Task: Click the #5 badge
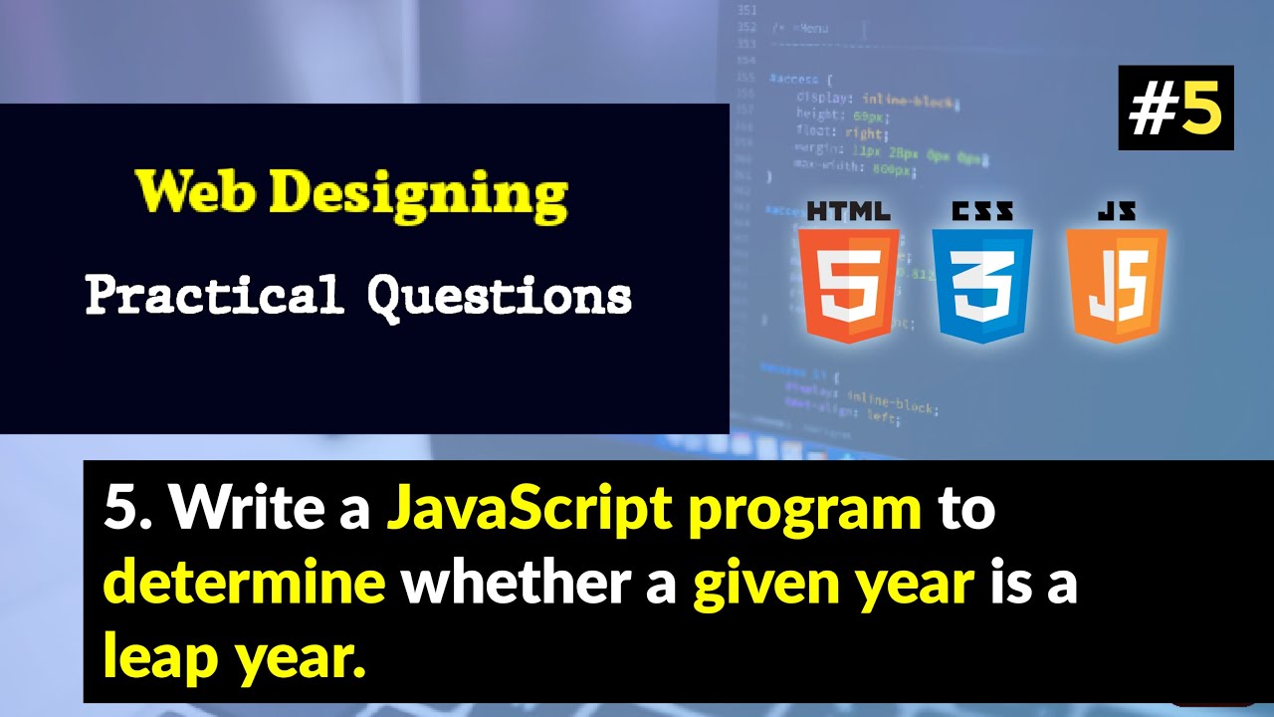click(1175, 109)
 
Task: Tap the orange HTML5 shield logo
click(849, 284)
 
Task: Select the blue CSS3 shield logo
click(982, 284)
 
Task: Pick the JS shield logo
click(1116, 284)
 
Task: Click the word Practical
click(214, 296)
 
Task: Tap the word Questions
click(499, 297)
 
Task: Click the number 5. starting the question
click(127, 510)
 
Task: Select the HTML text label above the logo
click(849, 211)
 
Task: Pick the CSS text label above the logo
click(982, 211)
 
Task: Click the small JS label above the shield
click(1116, 211)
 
